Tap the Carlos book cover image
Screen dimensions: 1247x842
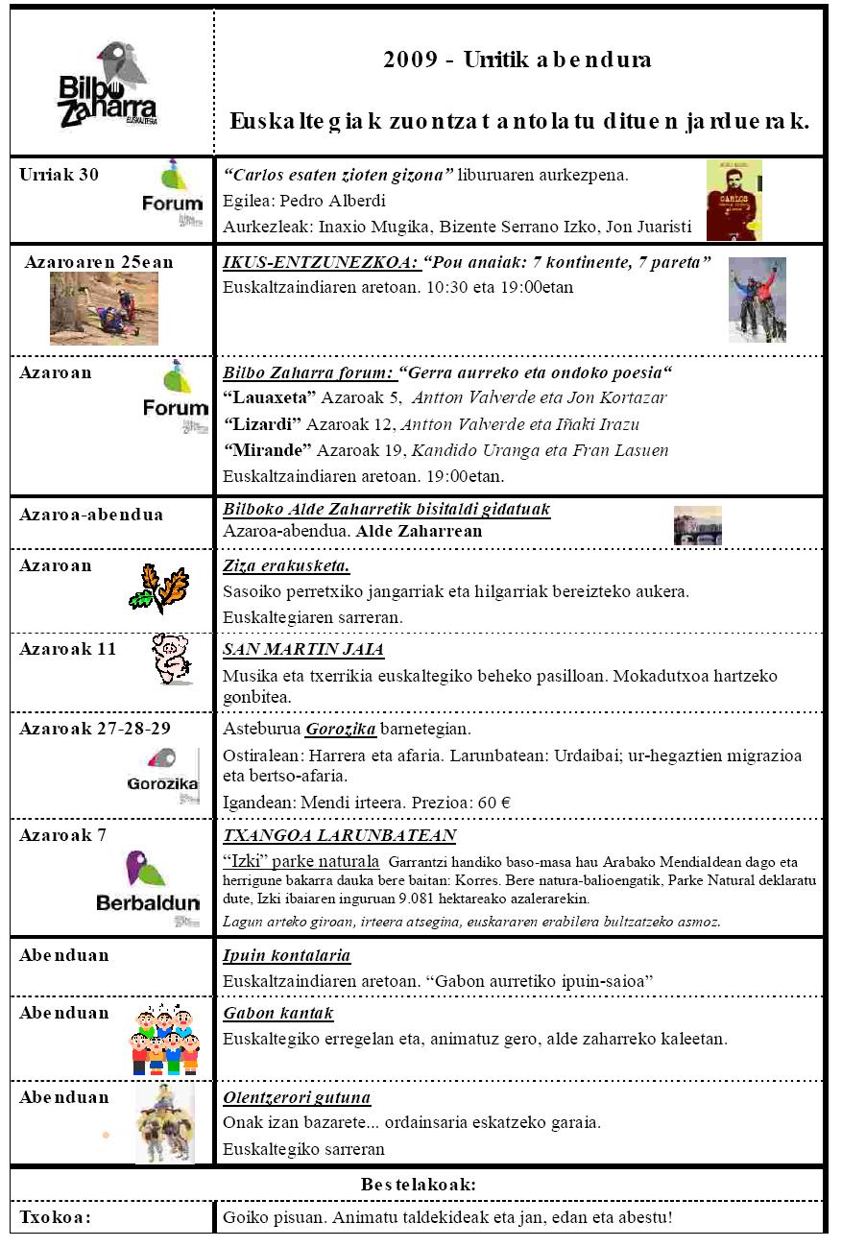point(734,200)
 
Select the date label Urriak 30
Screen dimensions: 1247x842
point(59,175)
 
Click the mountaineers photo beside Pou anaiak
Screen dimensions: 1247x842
point(757,300)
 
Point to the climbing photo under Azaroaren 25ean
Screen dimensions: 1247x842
point(104,308)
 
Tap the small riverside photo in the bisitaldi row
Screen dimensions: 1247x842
point(697,525)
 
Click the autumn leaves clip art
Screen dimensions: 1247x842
point(159,589)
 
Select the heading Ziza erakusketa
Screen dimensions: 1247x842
point(286,566)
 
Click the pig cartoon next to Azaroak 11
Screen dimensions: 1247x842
point(171,659)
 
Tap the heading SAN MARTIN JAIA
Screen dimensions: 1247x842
point(303,650)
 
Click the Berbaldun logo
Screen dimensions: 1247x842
point(148,885)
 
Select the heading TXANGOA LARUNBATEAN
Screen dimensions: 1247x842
point(339,835)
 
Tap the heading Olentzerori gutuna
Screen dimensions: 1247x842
point(297,1097)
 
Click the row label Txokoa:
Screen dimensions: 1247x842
point(56,1217)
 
